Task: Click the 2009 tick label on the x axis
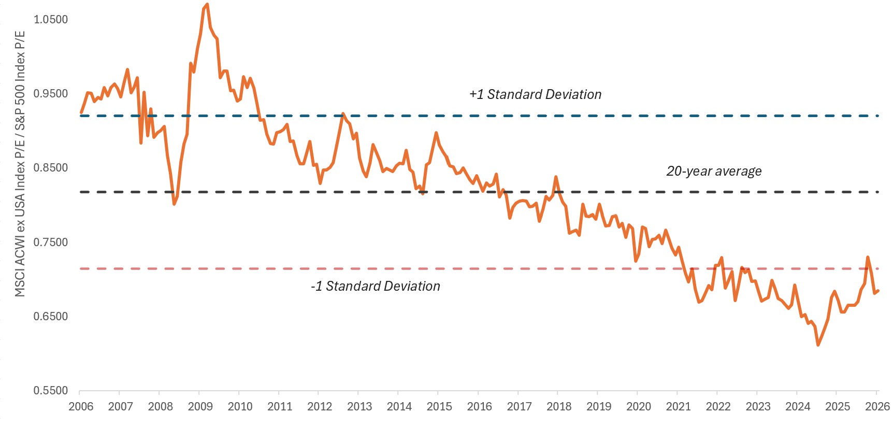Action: point(200,406)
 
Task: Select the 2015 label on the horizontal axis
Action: point(439,406)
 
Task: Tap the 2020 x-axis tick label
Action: point(639,406)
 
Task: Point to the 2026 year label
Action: point(877,406)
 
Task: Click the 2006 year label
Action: point(81,406)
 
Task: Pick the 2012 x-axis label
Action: point(320,406)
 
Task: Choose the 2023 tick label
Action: point(758,406)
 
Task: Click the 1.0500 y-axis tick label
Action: point(51,20)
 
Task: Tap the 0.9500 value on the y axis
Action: point(51,94)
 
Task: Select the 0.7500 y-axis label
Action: point(51,243)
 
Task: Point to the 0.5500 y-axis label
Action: point(51,391)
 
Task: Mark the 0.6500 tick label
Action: point(51,317)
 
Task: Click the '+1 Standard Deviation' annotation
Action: point(536,94)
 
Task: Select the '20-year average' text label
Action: point(714,171)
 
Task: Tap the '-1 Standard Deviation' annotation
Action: point(376,286)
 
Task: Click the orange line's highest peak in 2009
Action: point(207,5)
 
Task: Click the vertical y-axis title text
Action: point(20,164)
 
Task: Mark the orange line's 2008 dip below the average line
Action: point(174,204)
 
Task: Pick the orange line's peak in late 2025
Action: point(868,257)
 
